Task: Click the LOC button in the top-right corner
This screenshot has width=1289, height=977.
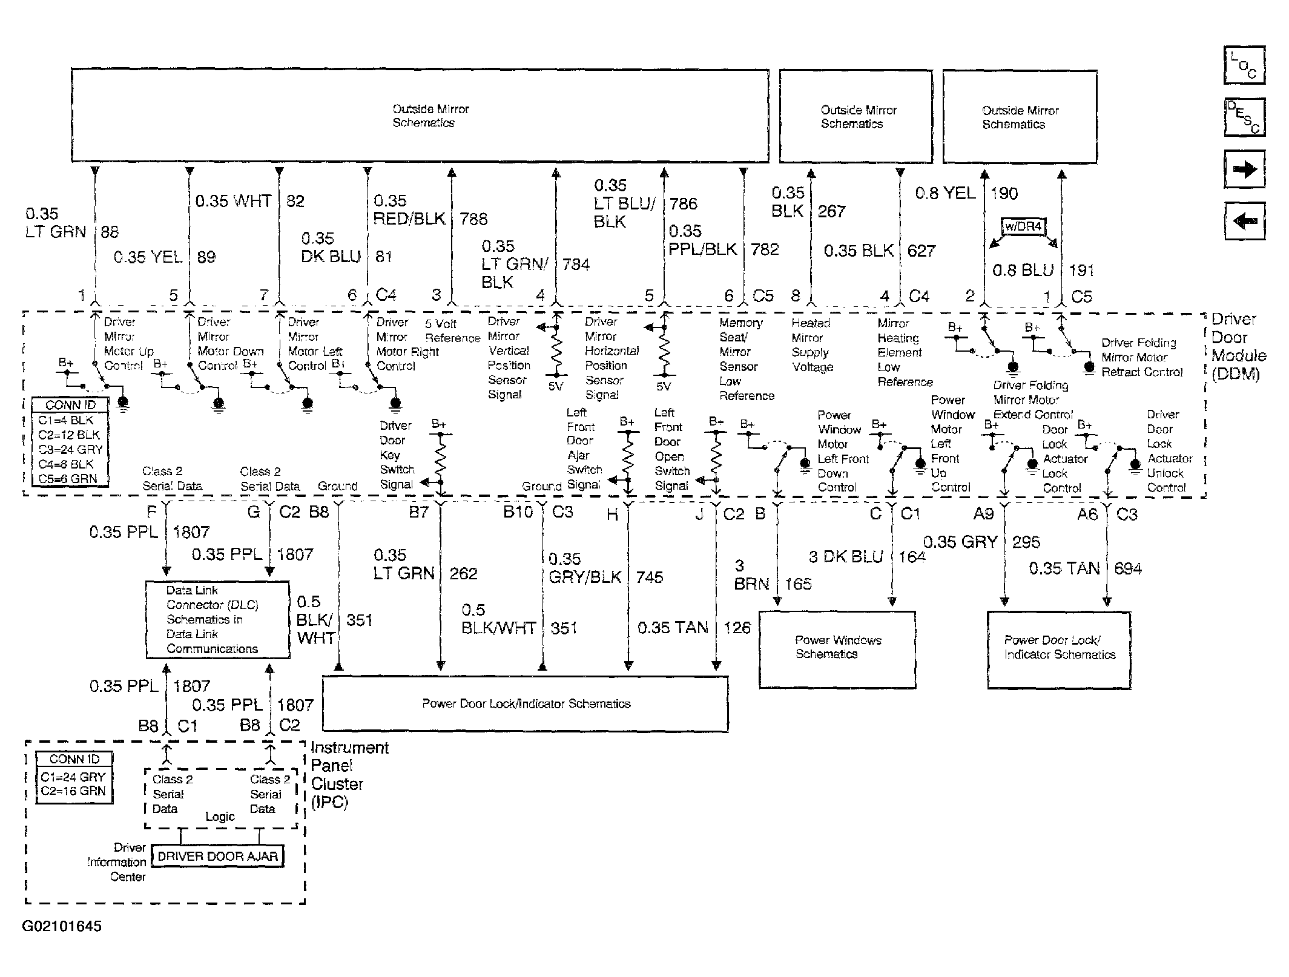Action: pyautogui.click(x=1244, y=65)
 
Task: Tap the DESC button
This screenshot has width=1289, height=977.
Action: pyautogui.click(x=1244, y=117)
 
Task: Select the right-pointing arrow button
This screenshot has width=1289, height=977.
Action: pyautogui.click(x=1244, y=169)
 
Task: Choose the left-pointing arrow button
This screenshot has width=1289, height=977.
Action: pyautogui.click(x=1244, y=221)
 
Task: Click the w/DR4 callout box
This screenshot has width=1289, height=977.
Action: pyautogui.click(x=1023, y=227)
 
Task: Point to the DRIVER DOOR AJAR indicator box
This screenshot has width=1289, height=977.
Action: pyautogui.click(x=217, y=856)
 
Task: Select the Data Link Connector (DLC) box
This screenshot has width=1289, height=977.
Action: pyautogui.click(x=217, y=619)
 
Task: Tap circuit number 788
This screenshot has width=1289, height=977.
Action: pyautogui.click(x=473, y=219)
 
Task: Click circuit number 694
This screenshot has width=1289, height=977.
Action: pyautogui.click(x=1127, y=568)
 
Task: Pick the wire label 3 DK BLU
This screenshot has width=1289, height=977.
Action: pyautogui.click(x=846, y=556)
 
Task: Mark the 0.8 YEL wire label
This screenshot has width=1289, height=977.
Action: pyautogui.click(x=945, y=193)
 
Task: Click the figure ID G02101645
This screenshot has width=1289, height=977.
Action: pyautogui.click(x=62, y=926)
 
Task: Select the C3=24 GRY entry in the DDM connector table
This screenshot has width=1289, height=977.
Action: pyautogui.click(x=70, y=449)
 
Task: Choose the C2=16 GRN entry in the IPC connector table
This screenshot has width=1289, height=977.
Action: pyautogui.click(x=73, y=791)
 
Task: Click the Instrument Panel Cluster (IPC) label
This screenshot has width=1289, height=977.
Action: pyautogui.click(x=349, y=775)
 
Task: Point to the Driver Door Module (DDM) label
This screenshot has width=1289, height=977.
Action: pyautogui.click(x=1238, y=346)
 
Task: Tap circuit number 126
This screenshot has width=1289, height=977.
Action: pyautogui.click(x=737, y=628)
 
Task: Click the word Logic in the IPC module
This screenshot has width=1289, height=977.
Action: pyautogui.click(x=220, y=817)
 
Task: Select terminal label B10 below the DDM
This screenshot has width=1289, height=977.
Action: pyautogui.click(x=518, y=512)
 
